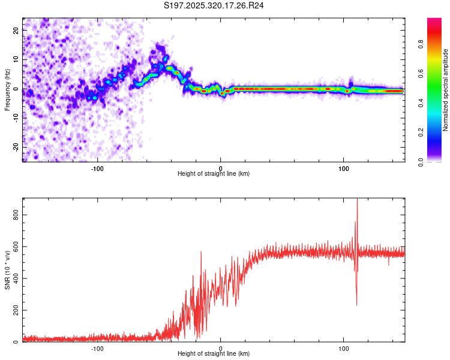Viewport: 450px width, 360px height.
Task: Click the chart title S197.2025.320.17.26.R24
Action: pyautogui.click(x=214, y=5)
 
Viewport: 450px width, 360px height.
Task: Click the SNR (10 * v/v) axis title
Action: pyautogui.click(x=7, y=270)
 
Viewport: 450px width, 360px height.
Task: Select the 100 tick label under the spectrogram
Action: pyautogui.click(x=344, y=167)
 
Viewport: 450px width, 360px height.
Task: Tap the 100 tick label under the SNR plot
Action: pyautogui.click(x=344, y=348)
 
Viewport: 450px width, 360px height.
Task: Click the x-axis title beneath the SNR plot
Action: pyautogui.click(x=214, y=354)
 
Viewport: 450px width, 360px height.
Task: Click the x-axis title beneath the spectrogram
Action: pyautogui.click(x=214, y=173)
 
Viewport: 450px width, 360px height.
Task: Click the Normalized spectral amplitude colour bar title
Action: pyautogui.click(x=446, y=90)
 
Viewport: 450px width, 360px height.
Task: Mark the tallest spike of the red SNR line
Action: pyautogui.click(x=357, y=200)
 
